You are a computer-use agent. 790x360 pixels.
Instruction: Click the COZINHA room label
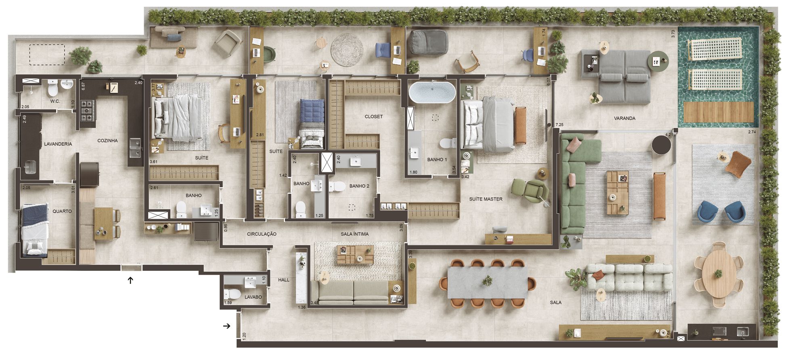(x=107, y=141)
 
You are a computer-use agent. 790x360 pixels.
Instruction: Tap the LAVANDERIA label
(x=58, y=144)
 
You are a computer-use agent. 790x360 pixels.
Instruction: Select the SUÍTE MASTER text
(x=486, y=199)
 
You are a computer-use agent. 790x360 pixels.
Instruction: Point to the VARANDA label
(x=624, y=118)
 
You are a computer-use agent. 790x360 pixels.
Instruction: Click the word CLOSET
(x=373, y=117)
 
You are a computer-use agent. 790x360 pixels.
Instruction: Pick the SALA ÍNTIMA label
(x=354, y=234)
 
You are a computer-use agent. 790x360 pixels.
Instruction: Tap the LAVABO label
(x=253, y=297)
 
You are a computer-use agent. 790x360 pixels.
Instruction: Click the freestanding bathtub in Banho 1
(x=432, y=92)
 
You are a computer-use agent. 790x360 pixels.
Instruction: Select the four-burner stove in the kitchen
(x=88, y=110)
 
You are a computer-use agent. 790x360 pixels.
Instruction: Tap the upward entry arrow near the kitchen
(x=130, y=280)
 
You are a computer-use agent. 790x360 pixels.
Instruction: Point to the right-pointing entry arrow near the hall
(x=227, y=326)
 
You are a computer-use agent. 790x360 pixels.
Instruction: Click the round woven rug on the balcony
(x=347, y=50)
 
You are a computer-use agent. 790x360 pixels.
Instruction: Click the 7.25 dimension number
(x=559, y=125)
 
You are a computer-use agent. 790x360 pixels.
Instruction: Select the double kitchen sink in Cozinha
(x=135, y=148)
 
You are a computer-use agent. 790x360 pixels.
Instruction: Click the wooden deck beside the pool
(x=718, y=112)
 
